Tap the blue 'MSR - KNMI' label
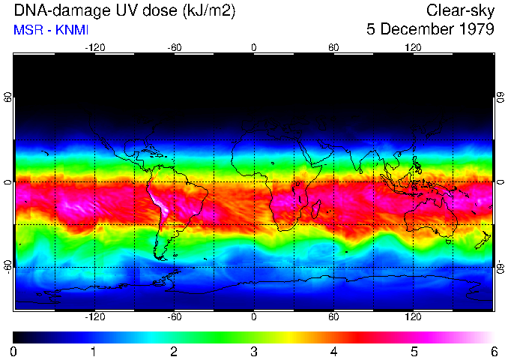(46, 31)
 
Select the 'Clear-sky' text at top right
(460, 10)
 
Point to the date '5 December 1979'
(430, 30)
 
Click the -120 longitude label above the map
(94, 47)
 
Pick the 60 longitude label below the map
(333, 317)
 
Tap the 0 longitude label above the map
(254, 47)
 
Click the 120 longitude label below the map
(413, 317)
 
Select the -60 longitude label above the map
(174, 47)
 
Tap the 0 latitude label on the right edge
(500, 182)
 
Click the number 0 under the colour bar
(14, 351)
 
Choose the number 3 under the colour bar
(253, 351)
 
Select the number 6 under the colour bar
(493, 351)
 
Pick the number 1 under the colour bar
(94, 351)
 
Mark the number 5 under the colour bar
(413, 351)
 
